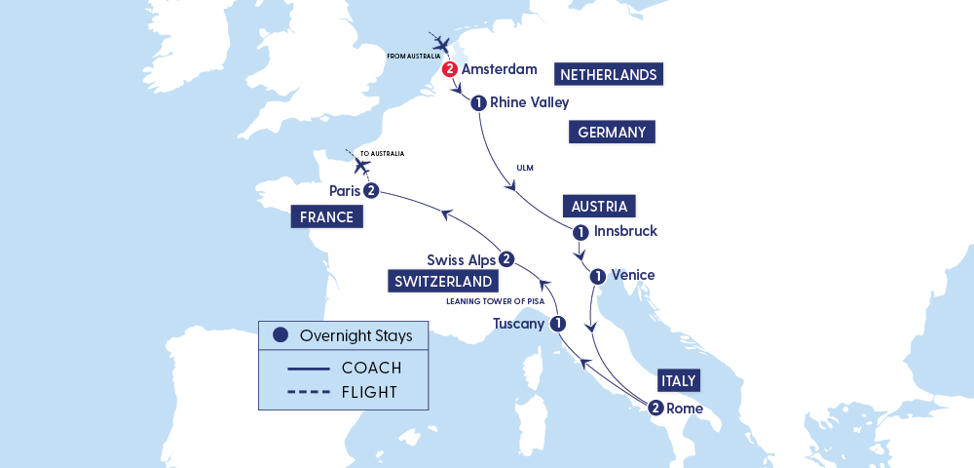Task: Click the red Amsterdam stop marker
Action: coord(449,69)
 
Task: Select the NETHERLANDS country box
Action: coord(608,74)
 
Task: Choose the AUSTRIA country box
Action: coord(600,207)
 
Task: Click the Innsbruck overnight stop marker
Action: coord(581,232)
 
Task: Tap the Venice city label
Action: coord(632,275)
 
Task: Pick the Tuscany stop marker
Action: coord(557,324)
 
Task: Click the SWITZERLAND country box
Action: coord(442,282)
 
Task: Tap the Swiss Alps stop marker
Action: coord(506,259)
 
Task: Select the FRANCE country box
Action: coord(326,216)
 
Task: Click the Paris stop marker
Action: coord(370,190)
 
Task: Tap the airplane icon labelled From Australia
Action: coord(442,44)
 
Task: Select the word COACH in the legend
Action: coord(371,368)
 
